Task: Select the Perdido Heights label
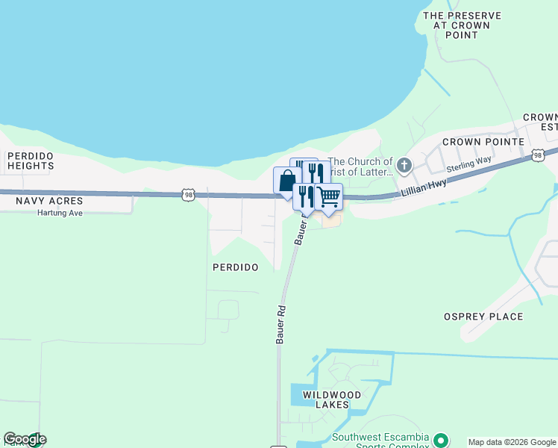[31, 161]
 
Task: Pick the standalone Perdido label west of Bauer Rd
[235, 267]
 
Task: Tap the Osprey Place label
[483, 316]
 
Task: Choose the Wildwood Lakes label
[332, 399]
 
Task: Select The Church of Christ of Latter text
[360, 167]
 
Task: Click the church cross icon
[404, 164]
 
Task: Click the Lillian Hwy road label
[422, 190]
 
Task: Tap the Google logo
[25, 439]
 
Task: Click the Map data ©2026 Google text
[512, 442]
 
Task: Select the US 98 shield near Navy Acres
[188, 194]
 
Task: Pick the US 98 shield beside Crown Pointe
[538, 155]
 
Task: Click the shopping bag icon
[286, 181]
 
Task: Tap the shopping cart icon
[329, 196]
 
